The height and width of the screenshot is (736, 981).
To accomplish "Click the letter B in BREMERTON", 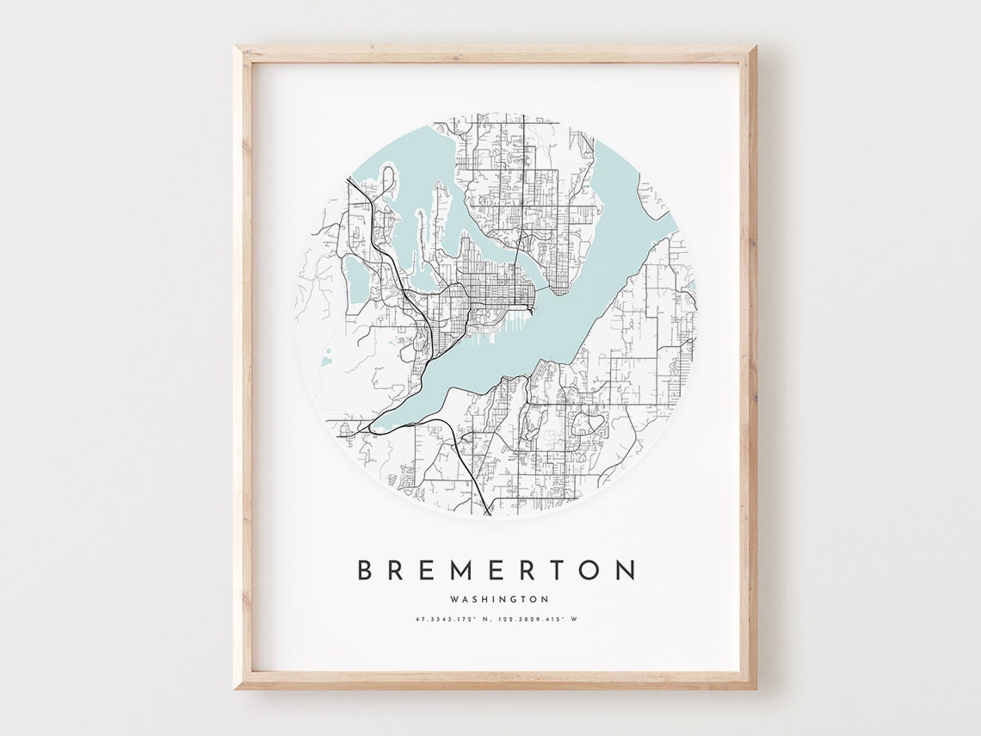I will (365, 570).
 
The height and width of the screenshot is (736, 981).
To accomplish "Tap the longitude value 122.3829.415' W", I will (540, 619).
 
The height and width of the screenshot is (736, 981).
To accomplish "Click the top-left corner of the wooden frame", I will (237, 48).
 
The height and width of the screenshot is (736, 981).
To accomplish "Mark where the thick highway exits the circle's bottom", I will (488, 512).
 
